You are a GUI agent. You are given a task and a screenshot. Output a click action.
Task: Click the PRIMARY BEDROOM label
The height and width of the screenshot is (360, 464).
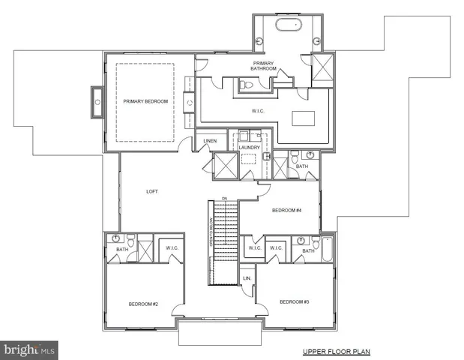point(145,100)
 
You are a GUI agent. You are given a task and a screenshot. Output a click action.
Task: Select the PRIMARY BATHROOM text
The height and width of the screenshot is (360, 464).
point(264,66)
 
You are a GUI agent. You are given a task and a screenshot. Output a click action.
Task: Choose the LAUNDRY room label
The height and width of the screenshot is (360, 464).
point(250,147)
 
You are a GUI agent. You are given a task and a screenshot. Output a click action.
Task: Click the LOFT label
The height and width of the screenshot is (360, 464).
point(152,191)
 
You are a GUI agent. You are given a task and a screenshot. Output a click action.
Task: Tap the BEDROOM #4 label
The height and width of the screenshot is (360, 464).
point(286,210)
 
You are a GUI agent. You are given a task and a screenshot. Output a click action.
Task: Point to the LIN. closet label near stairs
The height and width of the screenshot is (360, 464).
point(246,279)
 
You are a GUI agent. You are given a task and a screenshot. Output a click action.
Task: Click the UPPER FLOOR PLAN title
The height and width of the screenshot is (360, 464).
point(337,351)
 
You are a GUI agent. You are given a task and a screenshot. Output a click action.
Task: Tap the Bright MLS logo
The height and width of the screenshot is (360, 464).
point(29,349)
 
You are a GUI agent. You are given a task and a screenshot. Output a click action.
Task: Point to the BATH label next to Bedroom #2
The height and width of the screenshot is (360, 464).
point(121,249)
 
